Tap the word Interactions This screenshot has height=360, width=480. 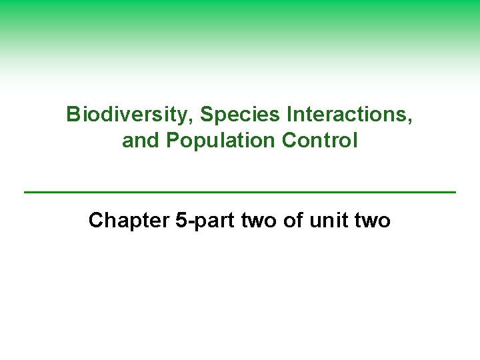(x=347, y=115)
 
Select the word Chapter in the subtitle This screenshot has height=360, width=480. (x=129, y=221)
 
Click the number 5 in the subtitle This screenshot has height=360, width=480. (x=181, y=221)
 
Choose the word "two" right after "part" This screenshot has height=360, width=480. (x=259, y=221)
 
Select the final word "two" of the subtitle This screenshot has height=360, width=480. (x=372, y=221)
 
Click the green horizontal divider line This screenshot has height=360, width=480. (x=240, y=192)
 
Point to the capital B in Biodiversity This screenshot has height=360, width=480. (x=73, y=115)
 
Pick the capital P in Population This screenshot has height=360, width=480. (x=172, y=141)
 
